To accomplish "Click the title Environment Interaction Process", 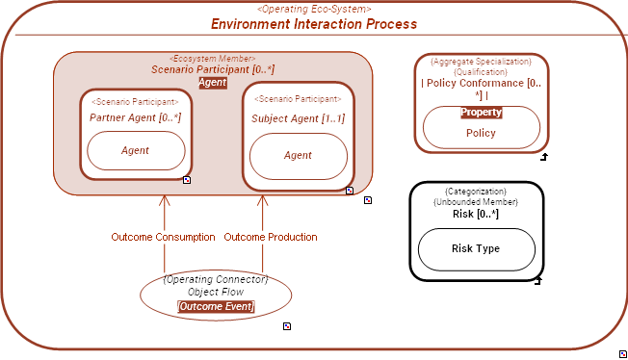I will (314, 23).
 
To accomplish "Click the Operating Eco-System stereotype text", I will (314, 9).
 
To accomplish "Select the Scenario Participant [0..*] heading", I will (212, 70).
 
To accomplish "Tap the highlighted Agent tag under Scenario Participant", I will (212, 83).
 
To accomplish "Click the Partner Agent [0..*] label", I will (135, 117).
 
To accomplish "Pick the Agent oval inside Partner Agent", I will (135, 151).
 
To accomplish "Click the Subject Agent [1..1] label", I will (298, 118).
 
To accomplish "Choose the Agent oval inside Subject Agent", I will (298, 156).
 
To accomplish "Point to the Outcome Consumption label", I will (163, 237).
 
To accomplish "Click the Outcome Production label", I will (271, 237).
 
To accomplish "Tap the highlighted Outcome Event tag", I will (216, 307).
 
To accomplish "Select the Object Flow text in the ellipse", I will (216, 292).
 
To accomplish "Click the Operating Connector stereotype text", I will (216, 279).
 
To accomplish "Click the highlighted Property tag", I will (481, 113).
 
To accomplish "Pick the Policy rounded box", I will (481, 133).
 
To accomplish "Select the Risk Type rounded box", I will (476, 249).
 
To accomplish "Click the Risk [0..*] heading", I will (476, 214).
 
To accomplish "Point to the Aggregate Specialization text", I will (481, 61).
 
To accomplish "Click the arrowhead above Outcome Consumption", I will (164, 201).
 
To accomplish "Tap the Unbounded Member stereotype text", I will (476, 202).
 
